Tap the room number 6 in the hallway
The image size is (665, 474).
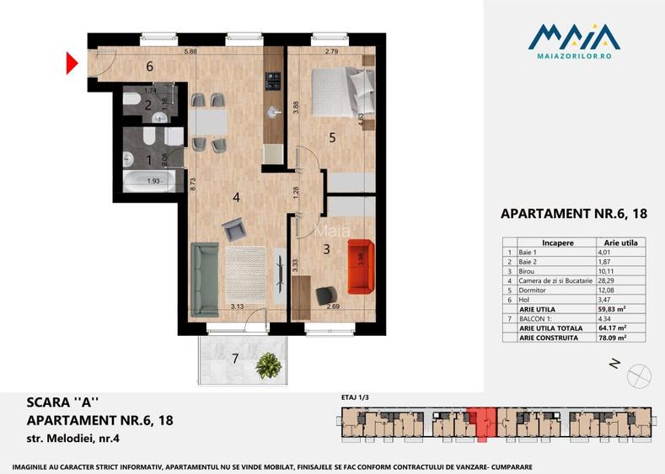(149, 67)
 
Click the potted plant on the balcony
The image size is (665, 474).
(268, 365)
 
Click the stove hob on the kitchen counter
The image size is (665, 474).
(273, 81)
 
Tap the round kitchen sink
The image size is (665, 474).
(273, 110)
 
